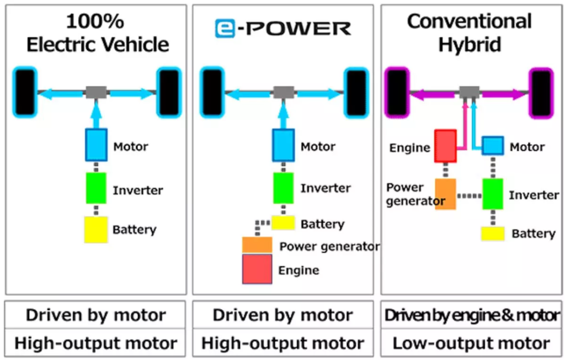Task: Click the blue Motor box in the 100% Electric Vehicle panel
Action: click(95, 145)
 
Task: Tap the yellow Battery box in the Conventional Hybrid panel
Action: click(493, 234)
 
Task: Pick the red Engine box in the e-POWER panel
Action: click(257, 269)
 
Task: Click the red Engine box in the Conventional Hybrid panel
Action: click(445, 146)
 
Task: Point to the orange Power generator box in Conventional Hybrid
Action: click(445, 194)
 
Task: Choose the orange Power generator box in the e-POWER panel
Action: click(257, 245)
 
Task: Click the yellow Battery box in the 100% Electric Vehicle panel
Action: click(95, 230)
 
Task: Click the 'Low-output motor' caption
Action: click(471, 343)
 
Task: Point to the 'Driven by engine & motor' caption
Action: click(471, 316)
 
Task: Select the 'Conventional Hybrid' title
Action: click(470, 33)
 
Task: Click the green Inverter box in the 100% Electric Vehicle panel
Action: click(95, 188)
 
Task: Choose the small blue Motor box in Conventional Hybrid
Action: click(493, 146)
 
